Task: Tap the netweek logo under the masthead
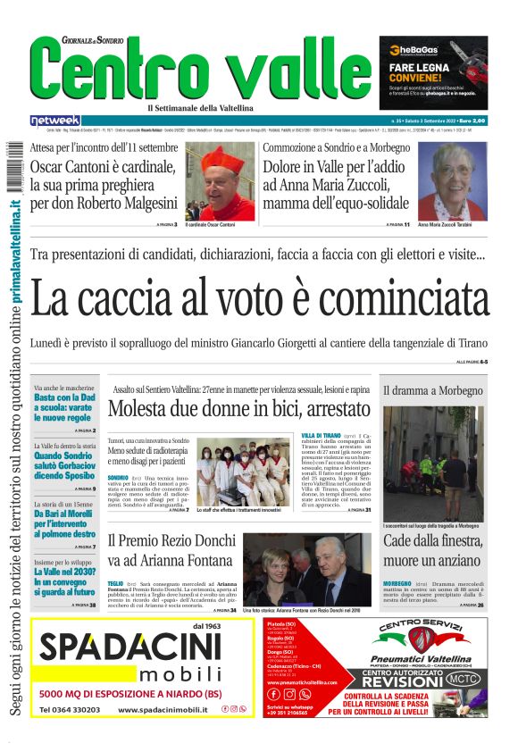point(55,120)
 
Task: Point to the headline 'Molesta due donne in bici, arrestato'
point(238,409)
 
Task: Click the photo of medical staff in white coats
point(244,470)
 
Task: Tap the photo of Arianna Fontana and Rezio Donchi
point(306,569)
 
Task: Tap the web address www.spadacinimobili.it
point(163,709)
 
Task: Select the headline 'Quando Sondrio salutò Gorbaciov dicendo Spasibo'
point(64,464)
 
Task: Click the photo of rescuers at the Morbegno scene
point(433,464)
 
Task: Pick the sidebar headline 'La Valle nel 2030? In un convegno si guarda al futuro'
point(64,580)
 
